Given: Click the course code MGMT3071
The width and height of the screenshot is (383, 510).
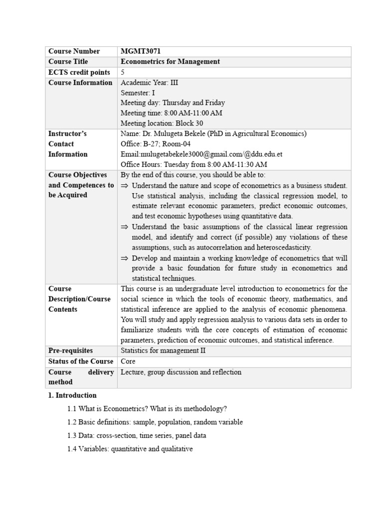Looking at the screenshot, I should (141, 51).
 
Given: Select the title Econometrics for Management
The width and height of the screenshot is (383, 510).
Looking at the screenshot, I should (170, 62).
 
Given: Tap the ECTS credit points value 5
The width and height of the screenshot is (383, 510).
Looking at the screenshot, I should (123, 72).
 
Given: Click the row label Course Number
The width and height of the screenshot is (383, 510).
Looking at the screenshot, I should (74, 51).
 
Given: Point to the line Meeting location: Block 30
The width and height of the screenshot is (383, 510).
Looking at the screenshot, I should (162, 123).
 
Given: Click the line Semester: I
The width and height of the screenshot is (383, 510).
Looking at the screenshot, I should (138, 93).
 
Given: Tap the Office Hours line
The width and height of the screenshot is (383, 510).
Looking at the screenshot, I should (193, 164).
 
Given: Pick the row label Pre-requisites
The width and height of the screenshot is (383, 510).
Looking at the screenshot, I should (70, 351).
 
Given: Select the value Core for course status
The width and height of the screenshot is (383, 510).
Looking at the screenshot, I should (128, 361).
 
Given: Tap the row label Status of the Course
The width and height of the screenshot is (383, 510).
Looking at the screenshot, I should (80, 361).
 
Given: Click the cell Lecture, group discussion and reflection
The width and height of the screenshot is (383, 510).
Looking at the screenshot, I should (181, 372).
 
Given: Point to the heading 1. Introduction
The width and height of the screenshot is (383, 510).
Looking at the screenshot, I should (72, 395).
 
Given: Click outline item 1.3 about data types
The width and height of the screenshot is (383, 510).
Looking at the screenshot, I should (137, 435).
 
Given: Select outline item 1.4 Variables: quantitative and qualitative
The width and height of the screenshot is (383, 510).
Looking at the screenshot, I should (130, 449).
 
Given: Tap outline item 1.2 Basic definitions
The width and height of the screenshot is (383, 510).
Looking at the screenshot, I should (155, 422).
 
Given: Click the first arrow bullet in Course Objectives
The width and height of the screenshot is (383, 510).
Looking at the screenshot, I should (125, 185).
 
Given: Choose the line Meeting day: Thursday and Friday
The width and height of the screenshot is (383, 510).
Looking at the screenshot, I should (173, 103).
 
